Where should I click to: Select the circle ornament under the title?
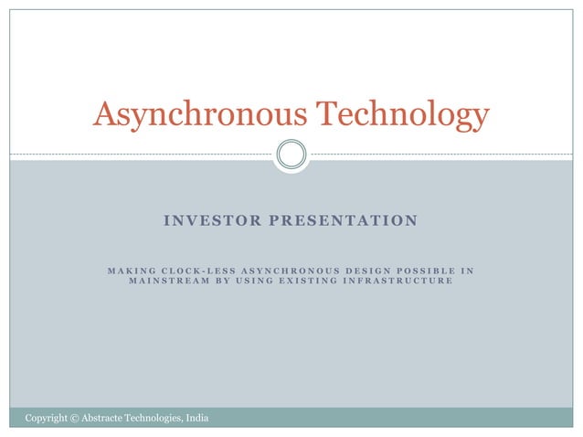[291, 154]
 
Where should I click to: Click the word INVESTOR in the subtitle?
[207, 220]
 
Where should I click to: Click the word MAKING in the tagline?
[131, 270]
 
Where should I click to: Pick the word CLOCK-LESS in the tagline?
[196, 270]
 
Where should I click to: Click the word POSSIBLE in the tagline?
[425, 270]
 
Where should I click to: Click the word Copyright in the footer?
[46, 419]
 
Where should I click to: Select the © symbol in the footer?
[74, 419]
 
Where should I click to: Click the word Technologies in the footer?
[157, 419]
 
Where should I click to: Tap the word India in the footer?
[197, 419]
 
